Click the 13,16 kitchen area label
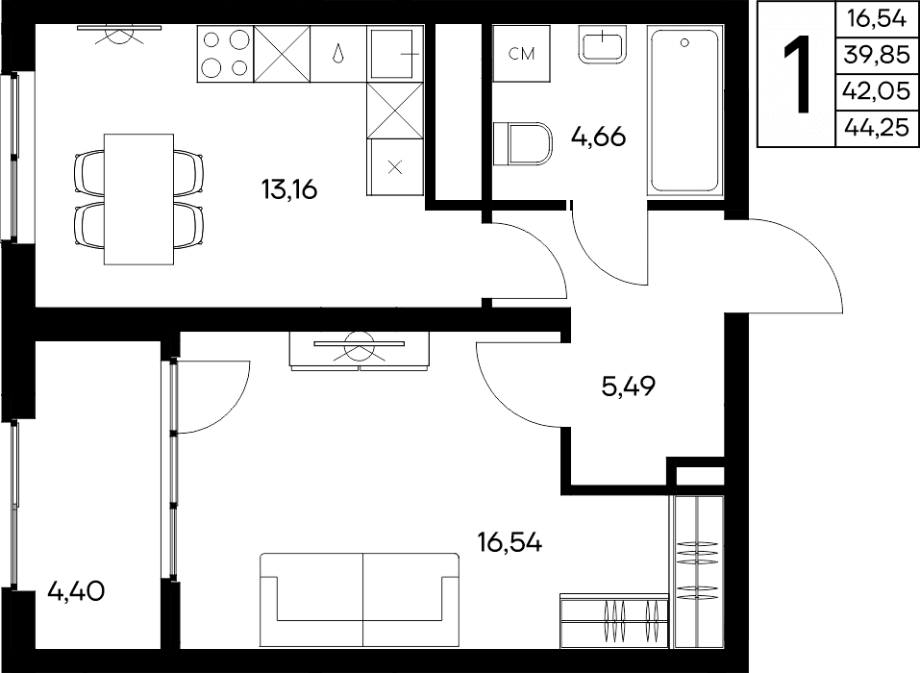click(289, 189)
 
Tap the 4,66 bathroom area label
click(599, 137)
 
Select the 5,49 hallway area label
click(629, 386)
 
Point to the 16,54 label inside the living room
click(510, 543)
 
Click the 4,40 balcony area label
click(76, 591)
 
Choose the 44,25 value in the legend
click(876, 127)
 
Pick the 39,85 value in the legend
click(876, 55)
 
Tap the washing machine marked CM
click(521, 54)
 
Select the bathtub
click(684, 110)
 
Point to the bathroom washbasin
click(602, 43)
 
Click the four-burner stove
click(225, 54)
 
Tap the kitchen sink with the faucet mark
click(395, 54)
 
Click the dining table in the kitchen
click(139, 199)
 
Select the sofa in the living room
click(360, 600)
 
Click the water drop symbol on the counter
click(338, 54)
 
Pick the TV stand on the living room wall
click(360, 351)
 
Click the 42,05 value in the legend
click(876, 91)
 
